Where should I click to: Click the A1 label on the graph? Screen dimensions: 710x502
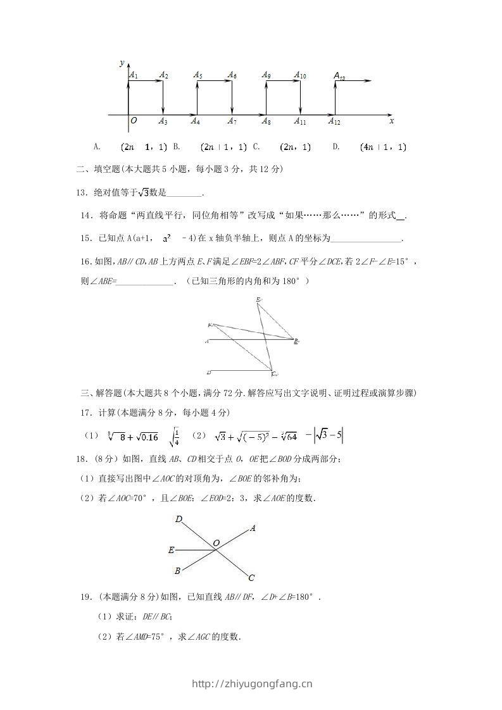tap(134, 75)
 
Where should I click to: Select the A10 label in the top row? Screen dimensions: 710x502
tap(300, 75)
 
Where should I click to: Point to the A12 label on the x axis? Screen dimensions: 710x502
tap(334, 121)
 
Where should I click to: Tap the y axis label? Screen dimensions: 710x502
tap(122, 63)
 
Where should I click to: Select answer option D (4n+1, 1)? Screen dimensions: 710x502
tap(382, 147)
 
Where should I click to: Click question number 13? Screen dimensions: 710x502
tap(82, 192)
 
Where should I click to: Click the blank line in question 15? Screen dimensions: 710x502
tap(366, 239)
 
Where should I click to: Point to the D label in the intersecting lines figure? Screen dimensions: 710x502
tap(179, 520)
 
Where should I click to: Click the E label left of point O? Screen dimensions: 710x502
tap(171, 550)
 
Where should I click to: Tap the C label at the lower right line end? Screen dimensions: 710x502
tap(251, 577)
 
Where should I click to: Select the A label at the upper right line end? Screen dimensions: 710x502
tap(253, 528)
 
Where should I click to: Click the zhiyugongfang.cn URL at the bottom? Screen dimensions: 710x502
tap(251, 683)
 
